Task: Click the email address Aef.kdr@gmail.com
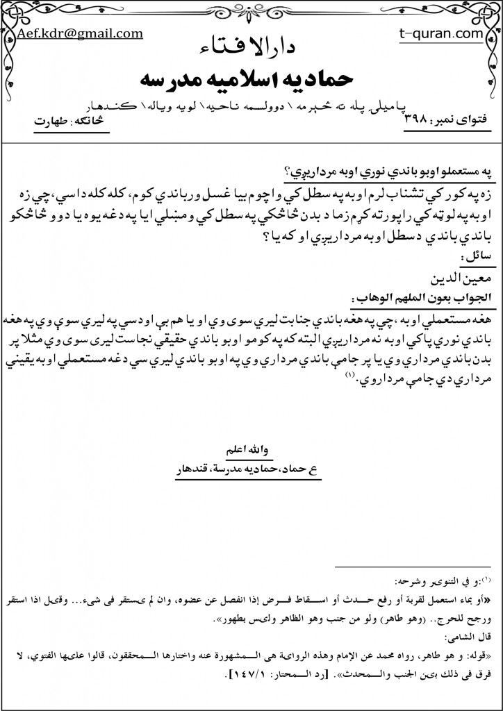point(80,33)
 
